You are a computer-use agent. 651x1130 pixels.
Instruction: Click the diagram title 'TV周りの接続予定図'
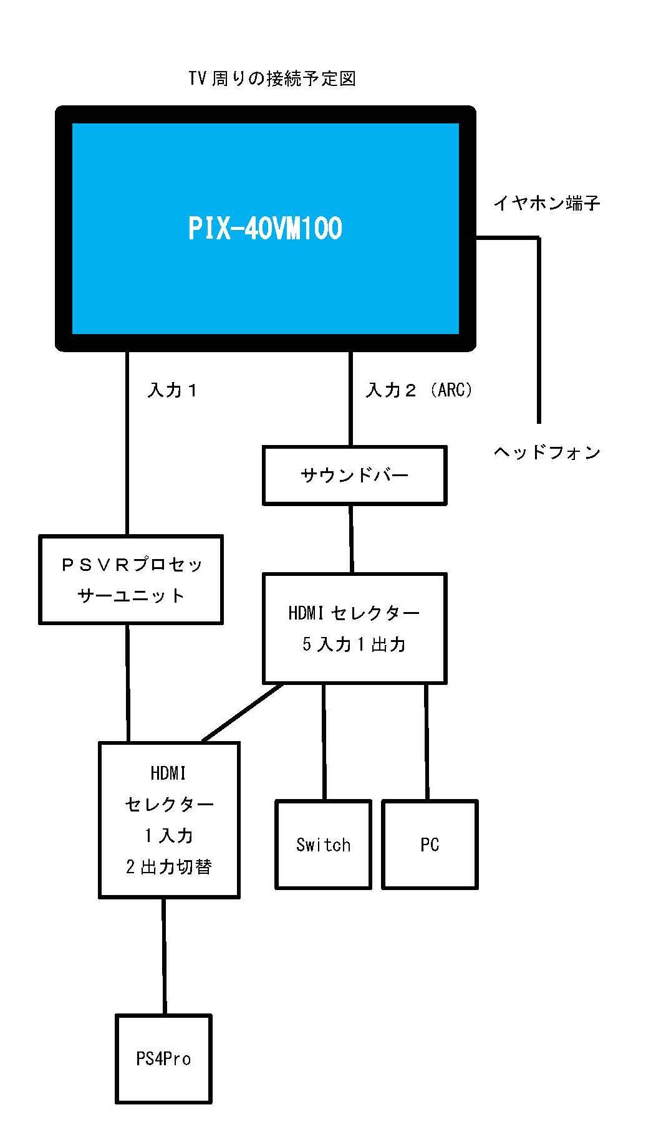272,79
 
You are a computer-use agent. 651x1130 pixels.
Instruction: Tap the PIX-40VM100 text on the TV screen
265,228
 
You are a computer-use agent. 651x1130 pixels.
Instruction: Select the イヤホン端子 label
546,203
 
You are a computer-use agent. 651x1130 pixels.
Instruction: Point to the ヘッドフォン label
547,452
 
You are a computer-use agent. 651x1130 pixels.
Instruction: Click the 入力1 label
173,390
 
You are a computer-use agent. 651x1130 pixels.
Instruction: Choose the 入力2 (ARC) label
419,390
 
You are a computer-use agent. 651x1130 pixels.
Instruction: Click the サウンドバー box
354,476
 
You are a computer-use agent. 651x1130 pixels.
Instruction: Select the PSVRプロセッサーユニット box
131,580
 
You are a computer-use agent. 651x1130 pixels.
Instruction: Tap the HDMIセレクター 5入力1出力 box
354,628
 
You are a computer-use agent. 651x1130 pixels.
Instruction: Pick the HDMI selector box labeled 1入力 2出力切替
169,820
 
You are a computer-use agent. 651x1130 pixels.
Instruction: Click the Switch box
323,845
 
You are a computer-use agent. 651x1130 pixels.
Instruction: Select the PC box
430,845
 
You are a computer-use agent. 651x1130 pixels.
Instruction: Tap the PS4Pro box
163,1058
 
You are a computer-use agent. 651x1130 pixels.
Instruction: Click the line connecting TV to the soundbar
350,399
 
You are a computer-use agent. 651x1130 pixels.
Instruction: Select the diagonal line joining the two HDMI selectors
243,713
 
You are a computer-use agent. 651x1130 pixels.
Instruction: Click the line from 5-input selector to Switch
324,742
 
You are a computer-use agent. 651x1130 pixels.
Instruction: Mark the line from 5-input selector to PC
427,742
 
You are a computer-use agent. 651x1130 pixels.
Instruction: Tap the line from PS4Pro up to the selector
164,957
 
